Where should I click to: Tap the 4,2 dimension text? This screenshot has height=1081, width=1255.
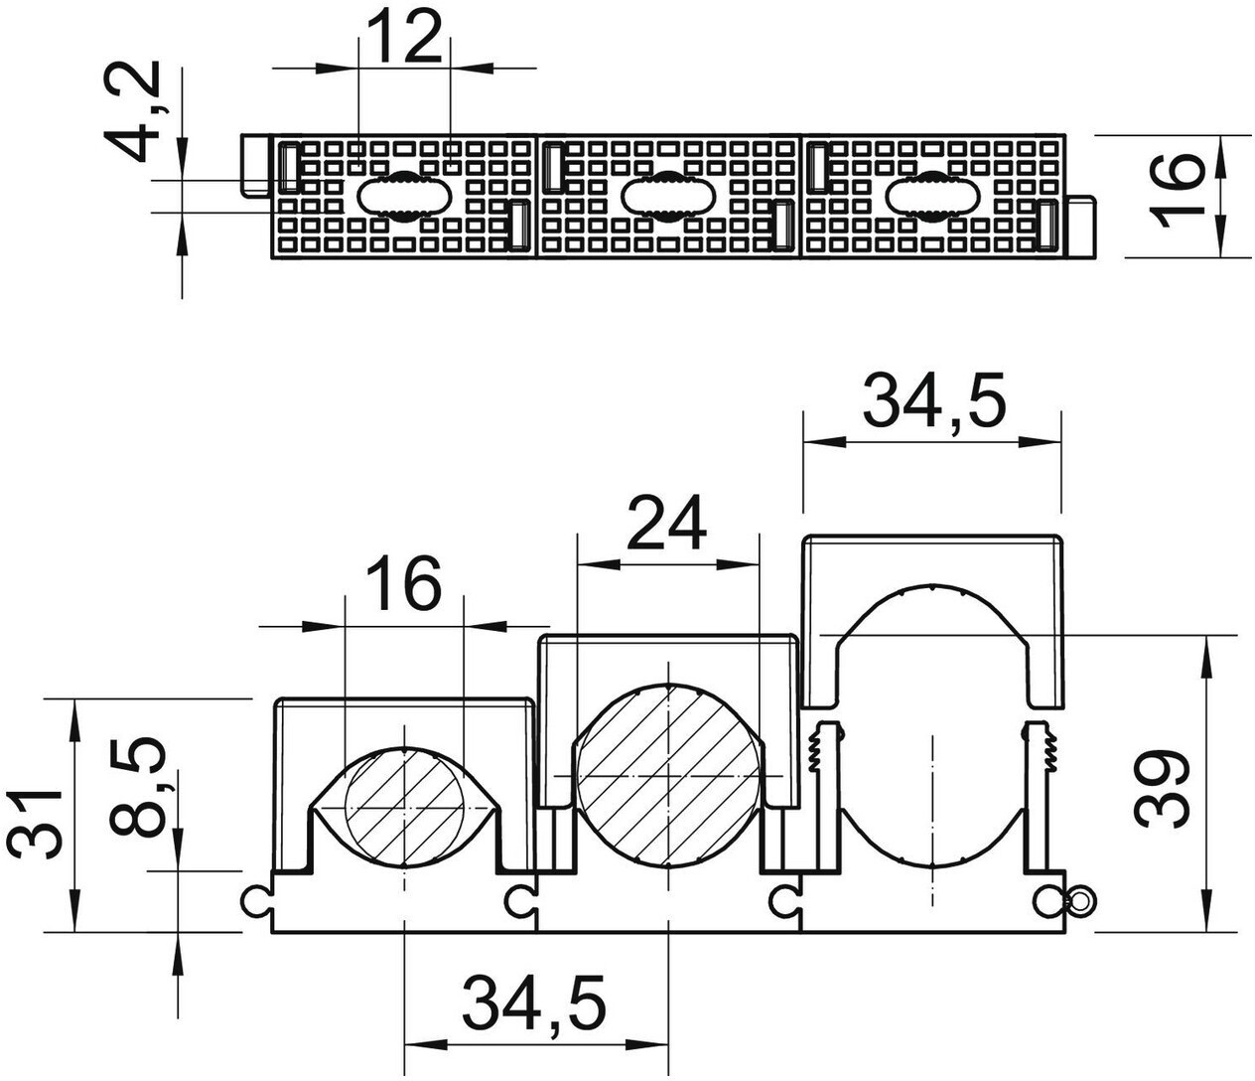coord(132,110)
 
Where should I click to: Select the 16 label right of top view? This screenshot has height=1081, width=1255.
coord(1177,191)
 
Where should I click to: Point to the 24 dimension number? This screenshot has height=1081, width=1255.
coord(667,523)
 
